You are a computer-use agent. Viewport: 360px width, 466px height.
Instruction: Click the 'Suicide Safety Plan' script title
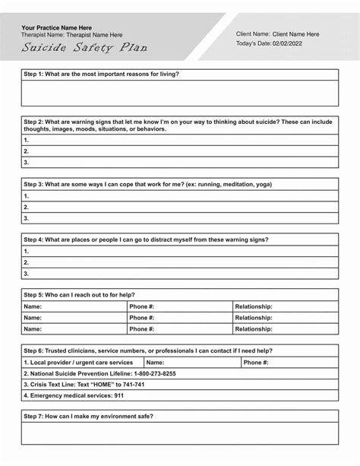click(x=84, y=48)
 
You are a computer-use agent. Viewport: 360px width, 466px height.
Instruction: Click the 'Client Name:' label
click(x=253, y=34)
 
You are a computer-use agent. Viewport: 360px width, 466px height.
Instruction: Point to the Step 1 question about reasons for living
click(x=101, y=74)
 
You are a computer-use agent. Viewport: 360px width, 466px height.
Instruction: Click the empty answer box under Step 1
click(x=180, y=93)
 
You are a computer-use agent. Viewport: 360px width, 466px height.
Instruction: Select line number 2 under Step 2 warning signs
click(x=27, y=151)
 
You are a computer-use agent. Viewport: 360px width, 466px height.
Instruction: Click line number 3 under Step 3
click(x=27, y=218)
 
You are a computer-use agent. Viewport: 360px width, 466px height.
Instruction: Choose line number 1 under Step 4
click(x=27, y=251)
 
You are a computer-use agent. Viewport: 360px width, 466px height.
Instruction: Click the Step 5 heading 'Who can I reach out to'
click(x=80, y=294)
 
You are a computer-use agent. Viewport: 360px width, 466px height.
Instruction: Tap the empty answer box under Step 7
click(x=180, y=433)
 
